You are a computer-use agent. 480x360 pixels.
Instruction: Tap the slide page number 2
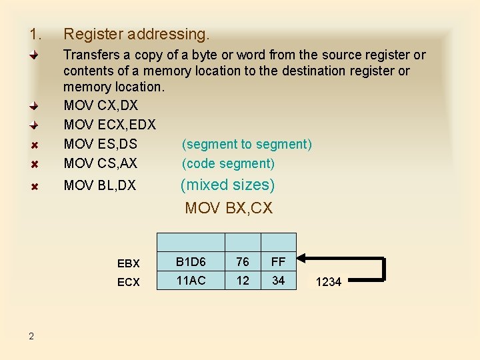click(x=31, y=335)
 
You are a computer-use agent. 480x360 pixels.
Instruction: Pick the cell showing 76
click(x=243, y=261)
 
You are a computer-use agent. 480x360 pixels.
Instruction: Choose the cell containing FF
click(x=278, y=261)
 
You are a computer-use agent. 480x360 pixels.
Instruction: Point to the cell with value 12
click(x=243, y=281)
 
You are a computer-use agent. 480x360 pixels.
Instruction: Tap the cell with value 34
click(x=278, y=281)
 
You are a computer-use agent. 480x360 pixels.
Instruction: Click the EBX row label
click(x=129, y=263)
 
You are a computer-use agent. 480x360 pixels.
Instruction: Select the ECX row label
click(x=129, y=282)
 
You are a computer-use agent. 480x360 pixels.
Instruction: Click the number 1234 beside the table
click(x=328, y=282)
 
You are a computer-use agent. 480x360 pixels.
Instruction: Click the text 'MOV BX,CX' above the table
click(x=229, y=208)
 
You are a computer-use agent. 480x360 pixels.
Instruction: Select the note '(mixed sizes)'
click(x=227, y=185)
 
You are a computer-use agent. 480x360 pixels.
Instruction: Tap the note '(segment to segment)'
click(x=247, y=144)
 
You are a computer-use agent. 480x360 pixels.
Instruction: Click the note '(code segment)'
click(x=228, y=163)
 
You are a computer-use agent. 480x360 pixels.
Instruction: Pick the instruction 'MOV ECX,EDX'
click(x=109, y=125)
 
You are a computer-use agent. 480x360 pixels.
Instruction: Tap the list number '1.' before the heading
click(x=35, y=33)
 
